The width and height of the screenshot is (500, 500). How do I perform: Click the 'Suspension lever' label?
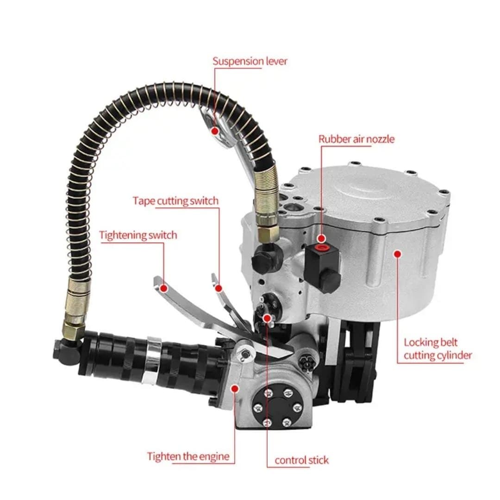tap(250, 61)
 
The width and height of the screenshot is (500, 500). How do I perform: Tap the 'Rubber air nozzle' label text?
tap(356, 139)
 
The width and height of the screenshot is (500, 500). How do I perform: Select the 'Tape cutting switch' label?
tap(175, 201)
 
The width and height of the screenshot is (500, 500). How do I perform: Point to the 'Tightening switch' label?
tap(138, 235)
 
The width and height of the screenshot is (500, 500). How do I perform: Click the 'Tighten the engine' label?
tap(188, 456)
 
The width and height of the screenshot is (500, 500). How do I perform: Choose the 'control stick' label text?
tap(301, 460)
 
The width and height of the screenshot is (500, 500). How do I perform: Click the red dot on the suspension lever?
tap(215, 131)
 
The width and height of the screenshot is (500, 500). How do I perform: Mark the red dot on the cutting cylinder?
tap(397, 253)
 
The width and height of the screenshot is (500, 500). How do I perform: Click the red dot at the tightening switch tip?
tap(163, 288)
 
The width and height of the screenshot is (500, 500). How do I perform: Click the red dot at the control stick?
tap(267, 318)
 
